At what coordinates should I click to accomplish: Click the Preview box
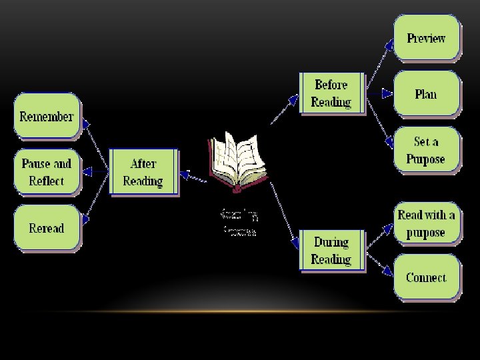tap(426, 38)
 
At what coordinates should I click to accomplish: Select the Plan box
tap(426, 94)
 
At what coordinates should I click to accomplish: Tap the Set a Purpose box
tap(426, 151)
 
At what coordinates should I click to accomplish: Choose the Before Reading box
tap(331, 93)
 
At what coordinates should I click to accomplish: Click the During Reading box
tap(331, 251)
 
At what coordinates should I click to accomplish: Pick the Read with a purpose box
tap(426, 224)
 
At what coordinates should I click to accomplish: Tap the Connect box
tap(426, 277)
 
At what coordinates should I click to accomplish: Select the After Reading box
tap(143, 173)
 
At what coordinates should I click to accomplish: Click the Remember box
tap(46, 117)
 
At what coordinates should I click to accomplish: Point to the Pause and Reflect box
tap(46, 172)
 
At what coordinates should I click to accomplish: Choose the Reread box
tap(46, 228)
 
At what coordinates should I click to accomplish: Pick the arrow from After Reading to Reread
tap(94, 200)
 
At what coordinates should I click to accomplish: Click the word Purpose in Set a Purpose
tap(426, 160)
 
